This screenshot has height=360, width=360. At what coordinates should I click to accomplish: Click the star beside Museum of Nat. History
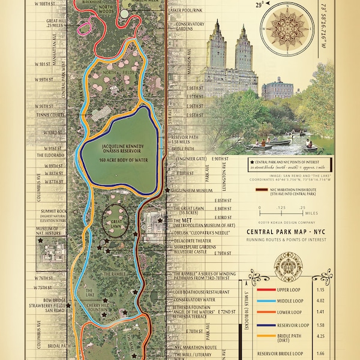click(x=41, y=240)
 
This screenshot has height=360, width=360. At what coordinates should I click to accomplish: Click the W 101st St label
click(x=46, y=64)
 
